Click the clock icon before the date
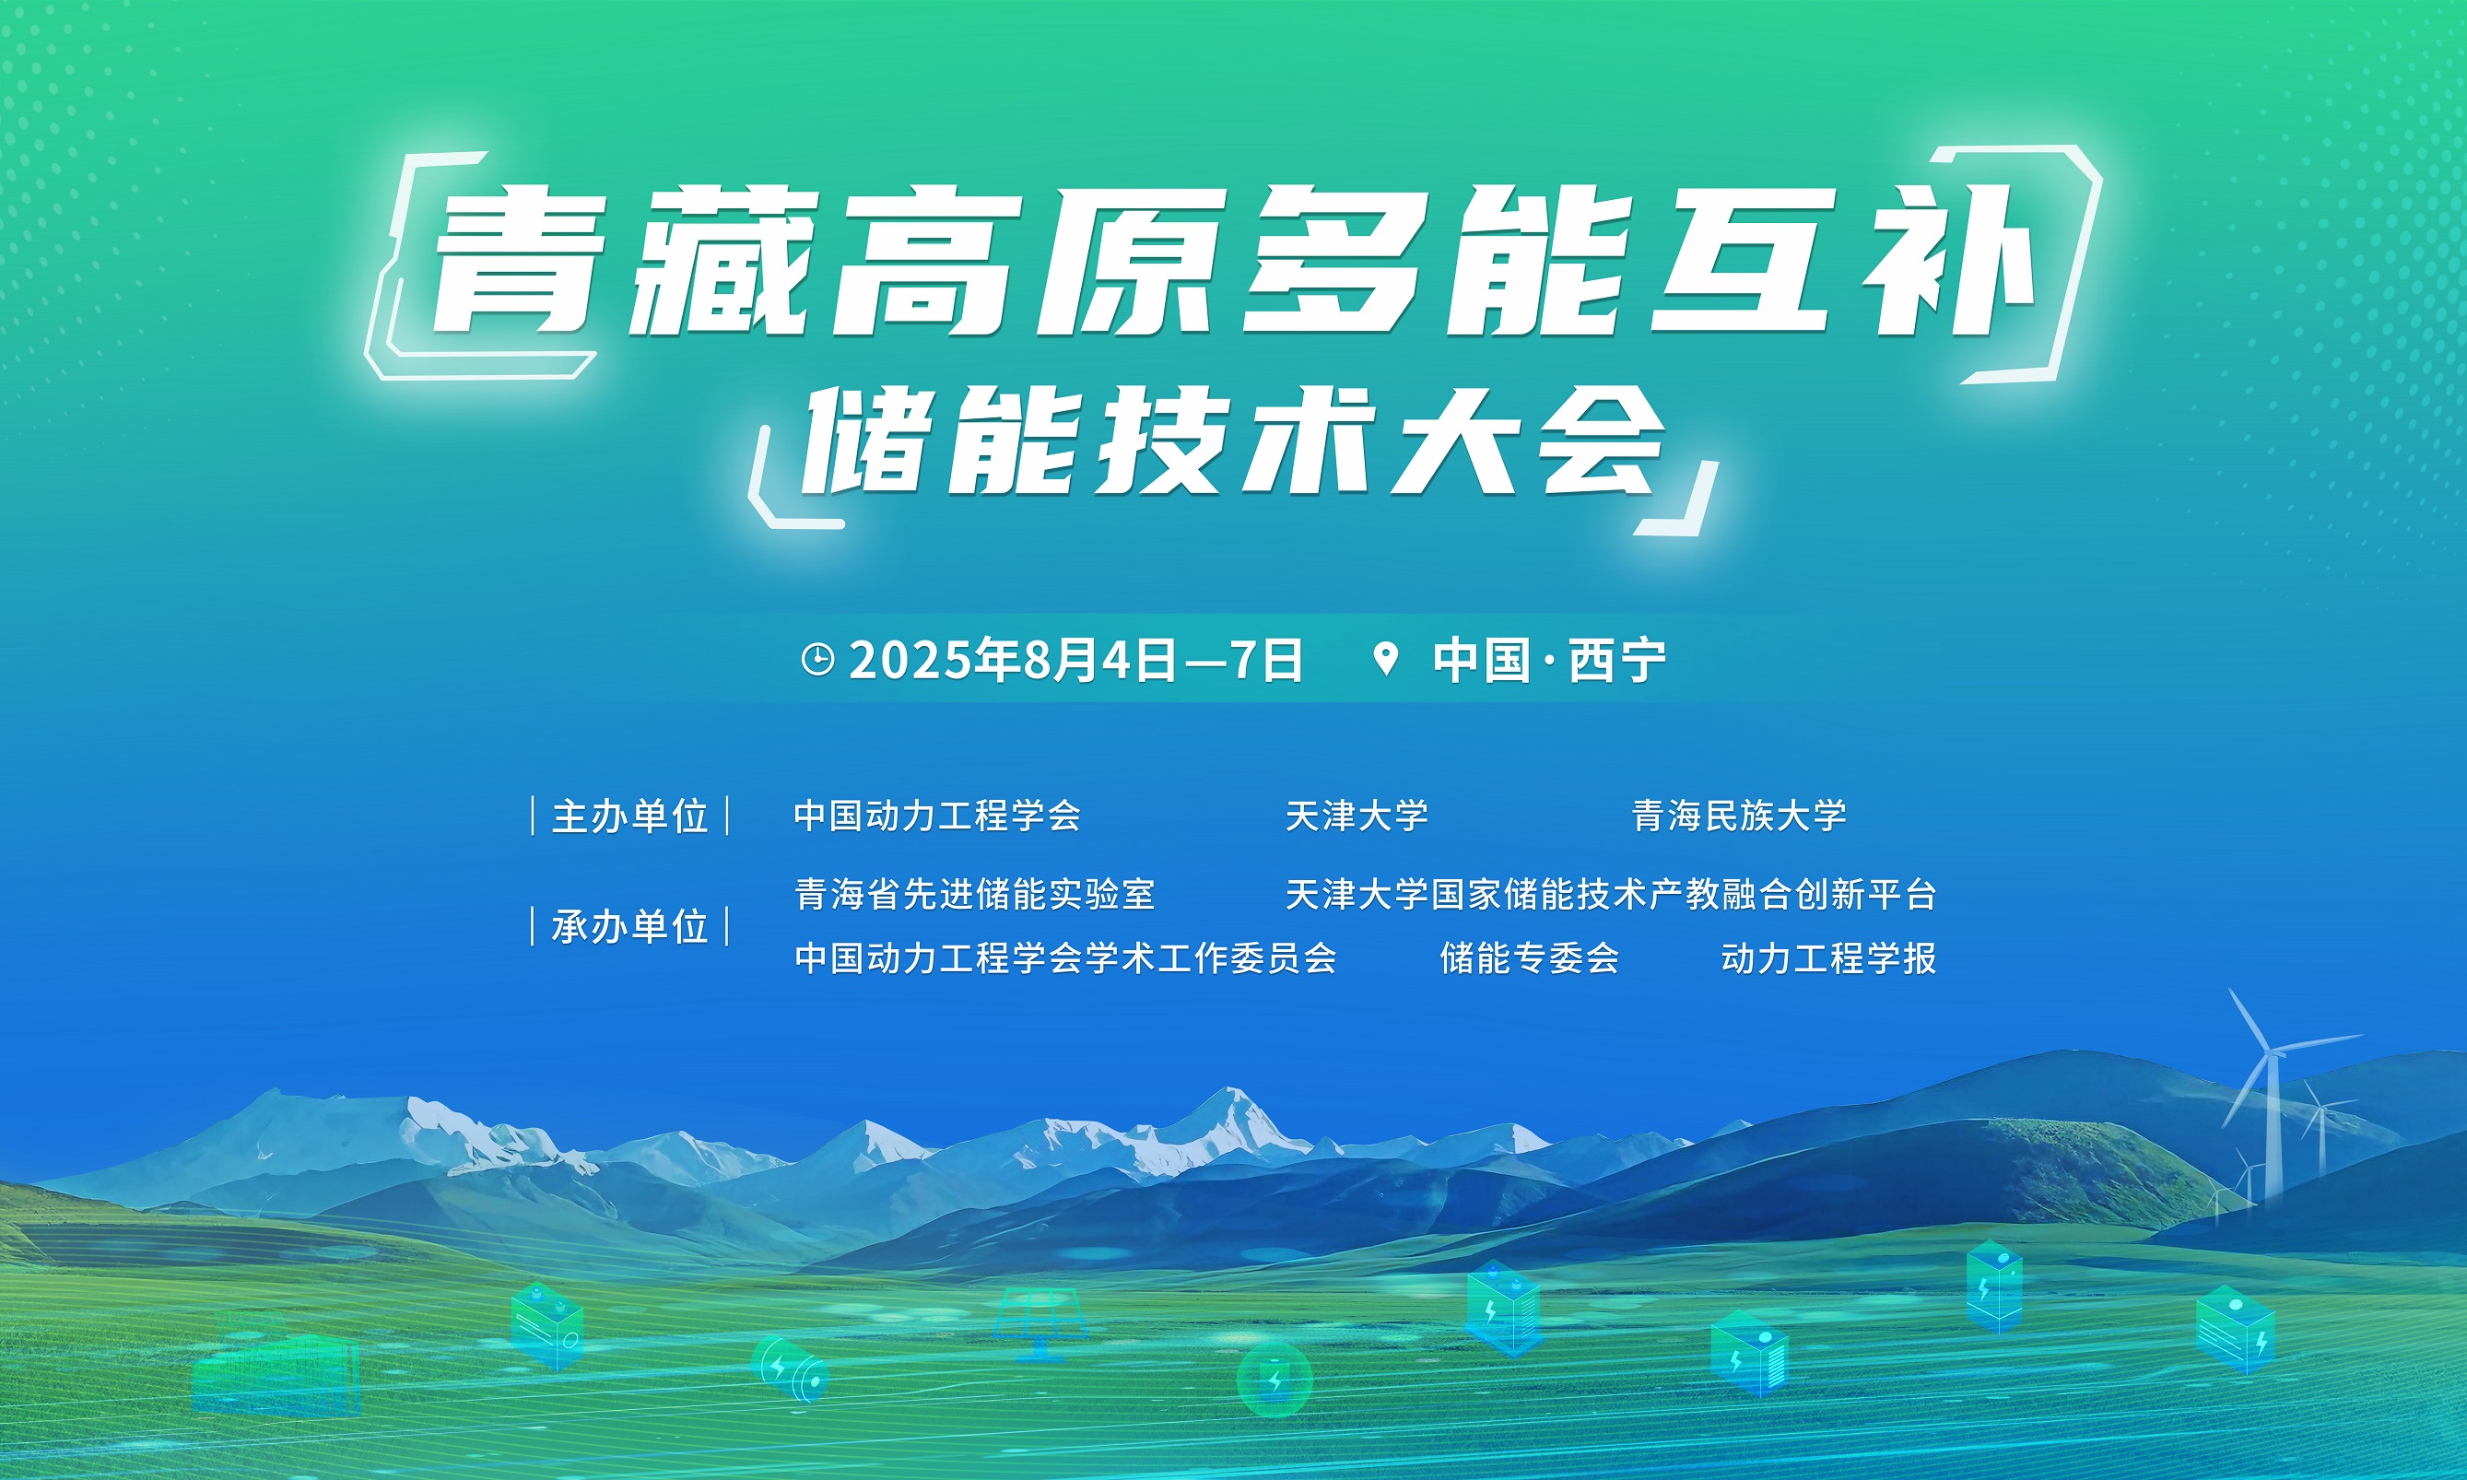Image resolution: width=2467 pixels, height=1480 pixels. [817, 660]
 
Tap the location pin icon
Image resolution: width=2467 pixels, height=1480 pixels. [1385, 659]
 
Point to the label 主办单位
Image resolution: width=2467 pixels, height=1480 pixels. [630, 816]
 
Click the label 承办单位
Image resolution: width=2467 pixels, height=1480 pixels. [630, 926]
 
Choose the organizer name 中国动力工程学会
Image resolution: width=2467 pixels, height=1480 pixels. [937, 816]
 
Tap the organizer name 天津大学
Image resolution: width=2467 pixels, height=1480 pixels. [1357, 816]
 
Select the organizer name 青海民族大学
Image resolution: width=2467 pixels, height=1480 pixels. [1739, 816]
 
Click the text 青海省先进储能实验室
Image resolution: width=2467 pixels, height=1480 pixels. [974, 894]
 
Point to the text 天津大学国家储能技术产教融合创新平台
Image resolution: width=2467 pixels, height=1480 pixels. [1611, 894]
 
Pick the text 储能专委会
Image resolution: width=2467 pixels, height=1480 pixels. [1529, 957]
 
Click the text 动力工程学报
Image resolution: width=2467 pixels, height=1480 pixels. [1828, 957]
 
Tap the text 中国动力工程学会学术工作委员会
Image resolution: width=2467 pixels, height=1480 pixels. [1065, 957]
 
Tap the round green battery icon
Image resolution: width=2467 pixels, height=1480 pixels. [1275, 1380]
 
